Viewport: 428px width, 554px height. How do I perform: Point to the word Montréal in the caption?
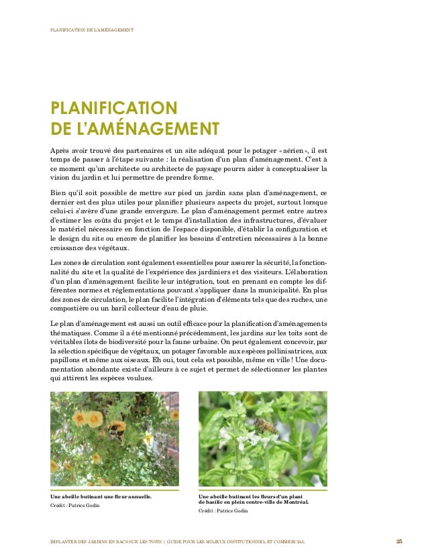pyautogui.click(x=293, y=502)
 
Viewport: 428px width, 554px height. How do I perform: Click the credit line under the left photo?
pyautogui.click(x=74, y=505)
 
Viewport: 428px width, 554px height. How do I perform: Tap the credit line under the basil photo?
pyautogui.click(x=223, y=511)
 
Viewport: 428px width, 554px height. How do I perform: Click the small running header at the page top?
pyautogui.click(x=92, y=30)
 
